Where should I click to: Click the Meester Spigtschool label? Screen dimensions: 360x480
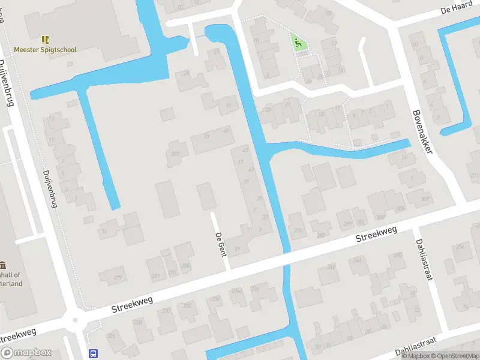click(46, 50)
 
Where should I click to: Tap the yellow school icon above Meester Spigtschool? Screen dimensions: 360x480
click(46, 39)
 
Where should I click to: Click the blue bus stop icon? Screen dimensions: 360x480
click(93, 353)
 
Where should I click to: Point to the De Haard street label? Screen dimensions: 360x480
click(454, 10)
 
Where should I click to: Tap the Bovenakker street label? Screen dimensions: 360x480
click(422, 131)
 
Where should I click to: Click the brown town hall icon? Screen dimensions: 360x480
click(4, 265)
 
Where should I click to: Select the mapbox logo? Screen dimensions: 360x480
click(26, 353)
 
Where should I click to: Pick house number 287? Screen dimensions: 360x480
click(175, 154)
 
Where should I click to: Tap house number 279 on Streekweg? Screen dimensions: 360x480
click(118, 277)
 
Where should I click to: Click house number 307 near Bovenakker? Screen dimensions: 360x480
click(425, 199)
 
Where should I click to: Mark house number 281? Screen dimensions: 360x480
click(157, 275)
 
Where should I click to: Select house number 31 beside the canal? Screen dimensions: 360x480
click(228, 105)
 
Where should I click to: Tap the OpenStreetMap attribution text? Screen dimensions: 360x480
click(453, 356)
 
